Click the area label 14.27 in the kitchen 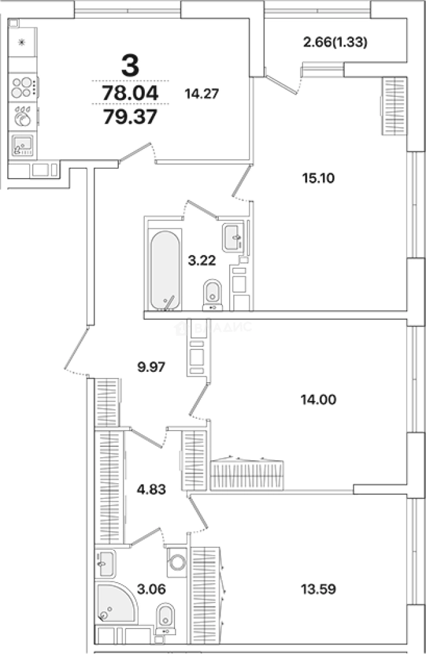click(202, 93)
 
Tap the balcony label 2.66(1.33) click(335, 42)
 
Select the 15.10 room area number click(318, 178)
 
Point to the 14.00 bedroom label click(318, 400)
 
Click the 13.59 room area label click(318, 589)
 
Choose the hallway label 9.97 click(151, 367)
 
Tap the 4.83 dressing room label click(151, 489)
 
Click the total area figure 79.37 click(130, 117)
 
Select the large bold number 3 click(130, 65)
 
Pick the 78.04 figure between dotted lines click(130, 93)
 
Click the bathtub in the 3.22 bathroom click(165, 270)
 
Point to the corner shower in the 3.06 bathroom click(116, 603)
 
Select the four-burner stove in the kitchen click(22, 87)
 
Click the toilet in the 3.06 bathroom click(165, 619)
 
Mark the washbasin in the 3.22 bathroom click(232, 238)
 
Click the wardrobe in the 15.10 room click(394, 106)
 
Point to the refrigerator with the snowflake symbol click(22, 42)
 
